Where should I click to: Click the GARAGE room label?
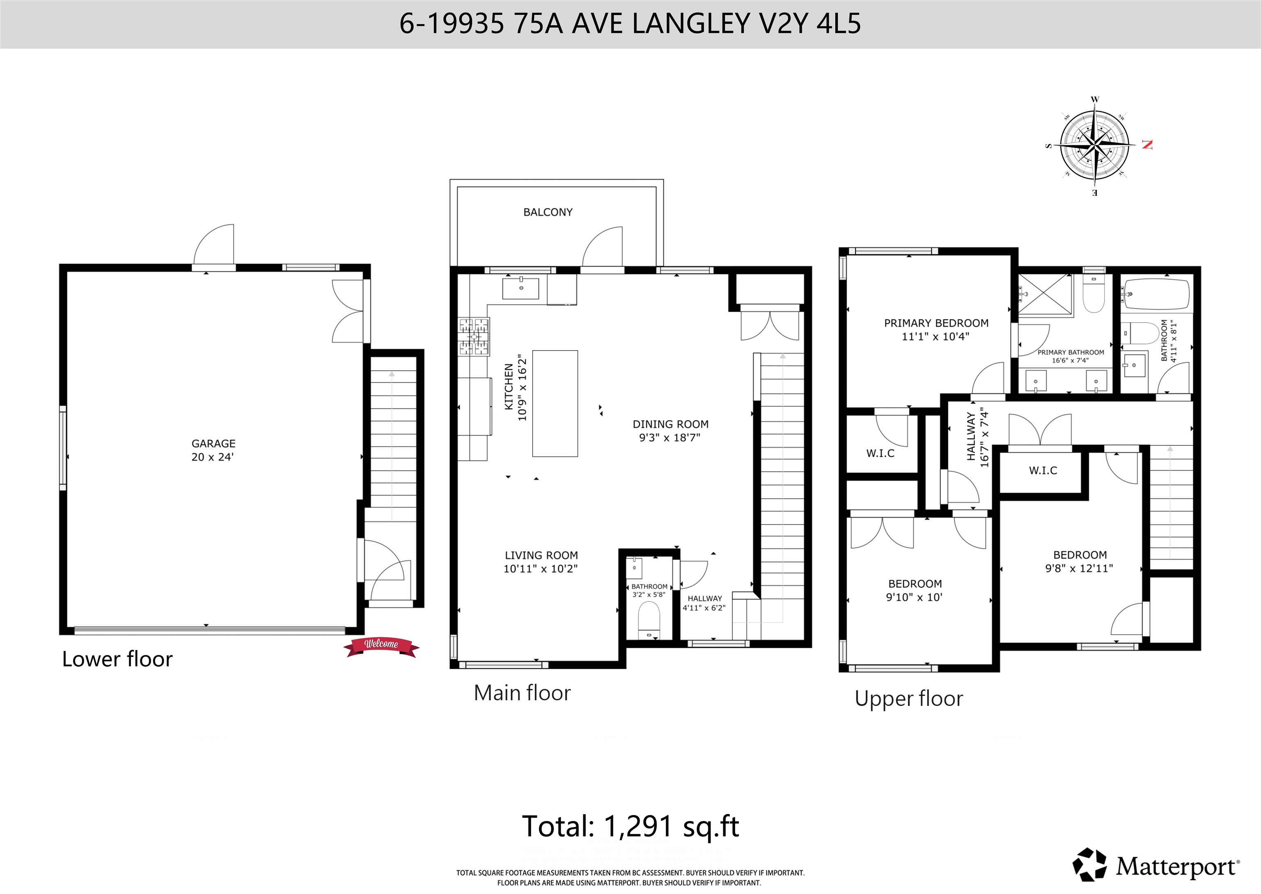click(x=213, y=443)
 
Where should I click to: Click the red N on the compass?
click(x=1147, y=145)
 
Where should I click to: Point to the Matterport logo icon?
click(x=1089, y=864)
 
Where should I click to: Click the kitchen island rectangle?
click(x=555, y=403)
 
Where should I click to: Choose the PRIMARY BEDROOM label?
click(x=936, y=323)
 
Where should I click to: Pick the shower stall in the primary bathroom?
click(x=1045, y=295)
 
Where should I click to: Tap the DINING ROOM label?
click(x=670, y=424)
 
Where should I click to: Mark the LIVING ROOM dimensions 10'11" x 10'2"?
click(x=541, y=568)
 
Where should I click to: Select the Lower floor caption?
click(x=117, y=659)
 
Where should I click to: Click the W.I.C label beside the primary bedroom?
click(x=880, y=453)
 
